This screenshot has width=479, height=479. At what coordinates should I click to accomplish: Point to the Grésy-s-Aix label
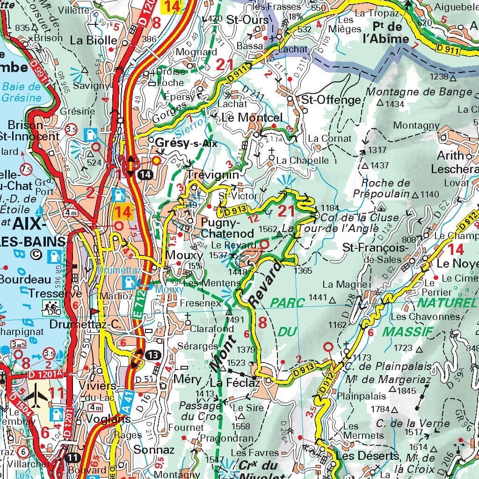pyautogui.click(x=188, y=143)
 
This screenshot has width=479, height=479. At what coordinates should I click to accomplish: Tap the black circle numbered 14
pyautogui.click(x=146, y=174)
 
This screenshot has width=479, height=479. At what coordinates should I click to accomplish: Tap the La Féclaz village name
pyautogui.click(x=228, y=383)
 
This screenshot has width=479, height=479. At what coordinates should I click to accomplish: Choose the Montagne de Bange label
pyautogui.click(x=419, y=92)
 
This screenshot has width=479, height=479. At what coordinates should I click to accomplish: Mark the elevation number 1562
pyautogui.click(x=268, y=229)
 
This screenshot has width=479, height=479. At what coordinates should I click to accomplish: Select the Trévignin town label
pyautogui.click(x=213, y=174)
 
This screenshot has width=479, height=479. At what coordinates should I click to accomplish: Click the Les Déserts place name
pyautogui.click(x=363, y=456)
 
